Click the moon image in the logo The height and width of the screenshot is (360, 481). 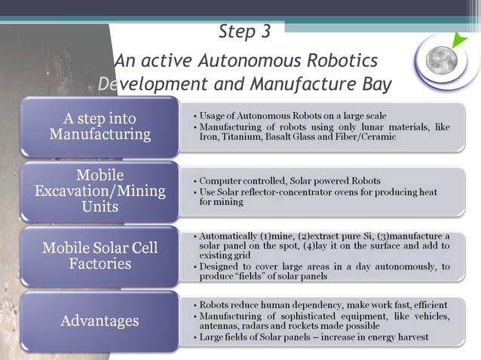[x=443, y=61]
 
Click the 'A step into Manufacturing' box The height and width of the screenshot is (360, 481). [x=100, y=127]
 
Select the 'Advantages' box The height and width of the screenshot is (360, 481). [x=100, y=321]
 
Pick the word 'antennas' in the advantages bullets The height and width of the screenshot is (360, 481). [x=219, y=326]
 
